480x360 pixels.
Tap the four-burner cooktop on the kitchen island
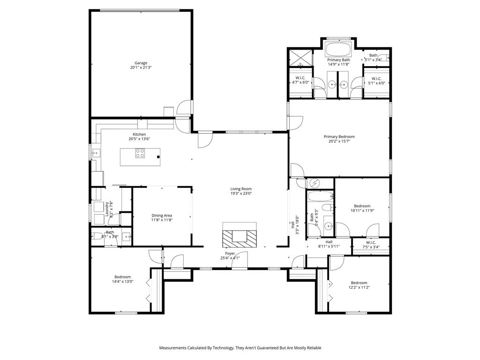click(140, 153)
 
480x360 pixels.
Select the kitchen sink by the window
click(95, 152)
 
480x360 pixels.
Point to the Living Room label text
click(241, 189)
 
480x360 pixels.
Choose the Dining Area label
click(162, 216)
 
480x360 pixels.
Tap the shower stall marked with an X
click(299, 58)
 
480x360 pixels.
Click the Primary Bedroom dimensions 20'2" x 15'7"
click(339, 141)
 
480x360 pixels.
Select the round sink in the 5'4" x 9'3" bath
click(329, 227)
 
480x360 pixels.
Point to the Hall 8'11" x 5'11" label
click(329, 244)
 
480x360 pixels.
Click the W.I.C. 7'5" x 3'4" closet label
click(371, 245)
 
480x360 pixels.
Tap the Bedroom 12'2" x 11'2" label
click(359, 285)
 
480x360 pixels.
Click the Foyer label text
click(230, 253)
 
